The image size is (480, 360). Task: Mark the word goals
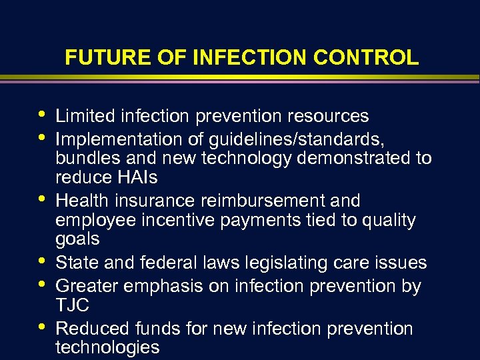pyautogui.click(x=77, y=239)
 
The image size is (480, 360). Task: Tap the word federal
pyautogui.click(x=165, y=262)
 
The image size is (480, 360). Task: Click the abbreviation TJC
pyautogui.click(x=73, y=305)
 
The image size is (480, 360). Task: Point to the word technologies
pyautogui.click(x=107, y=347)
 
